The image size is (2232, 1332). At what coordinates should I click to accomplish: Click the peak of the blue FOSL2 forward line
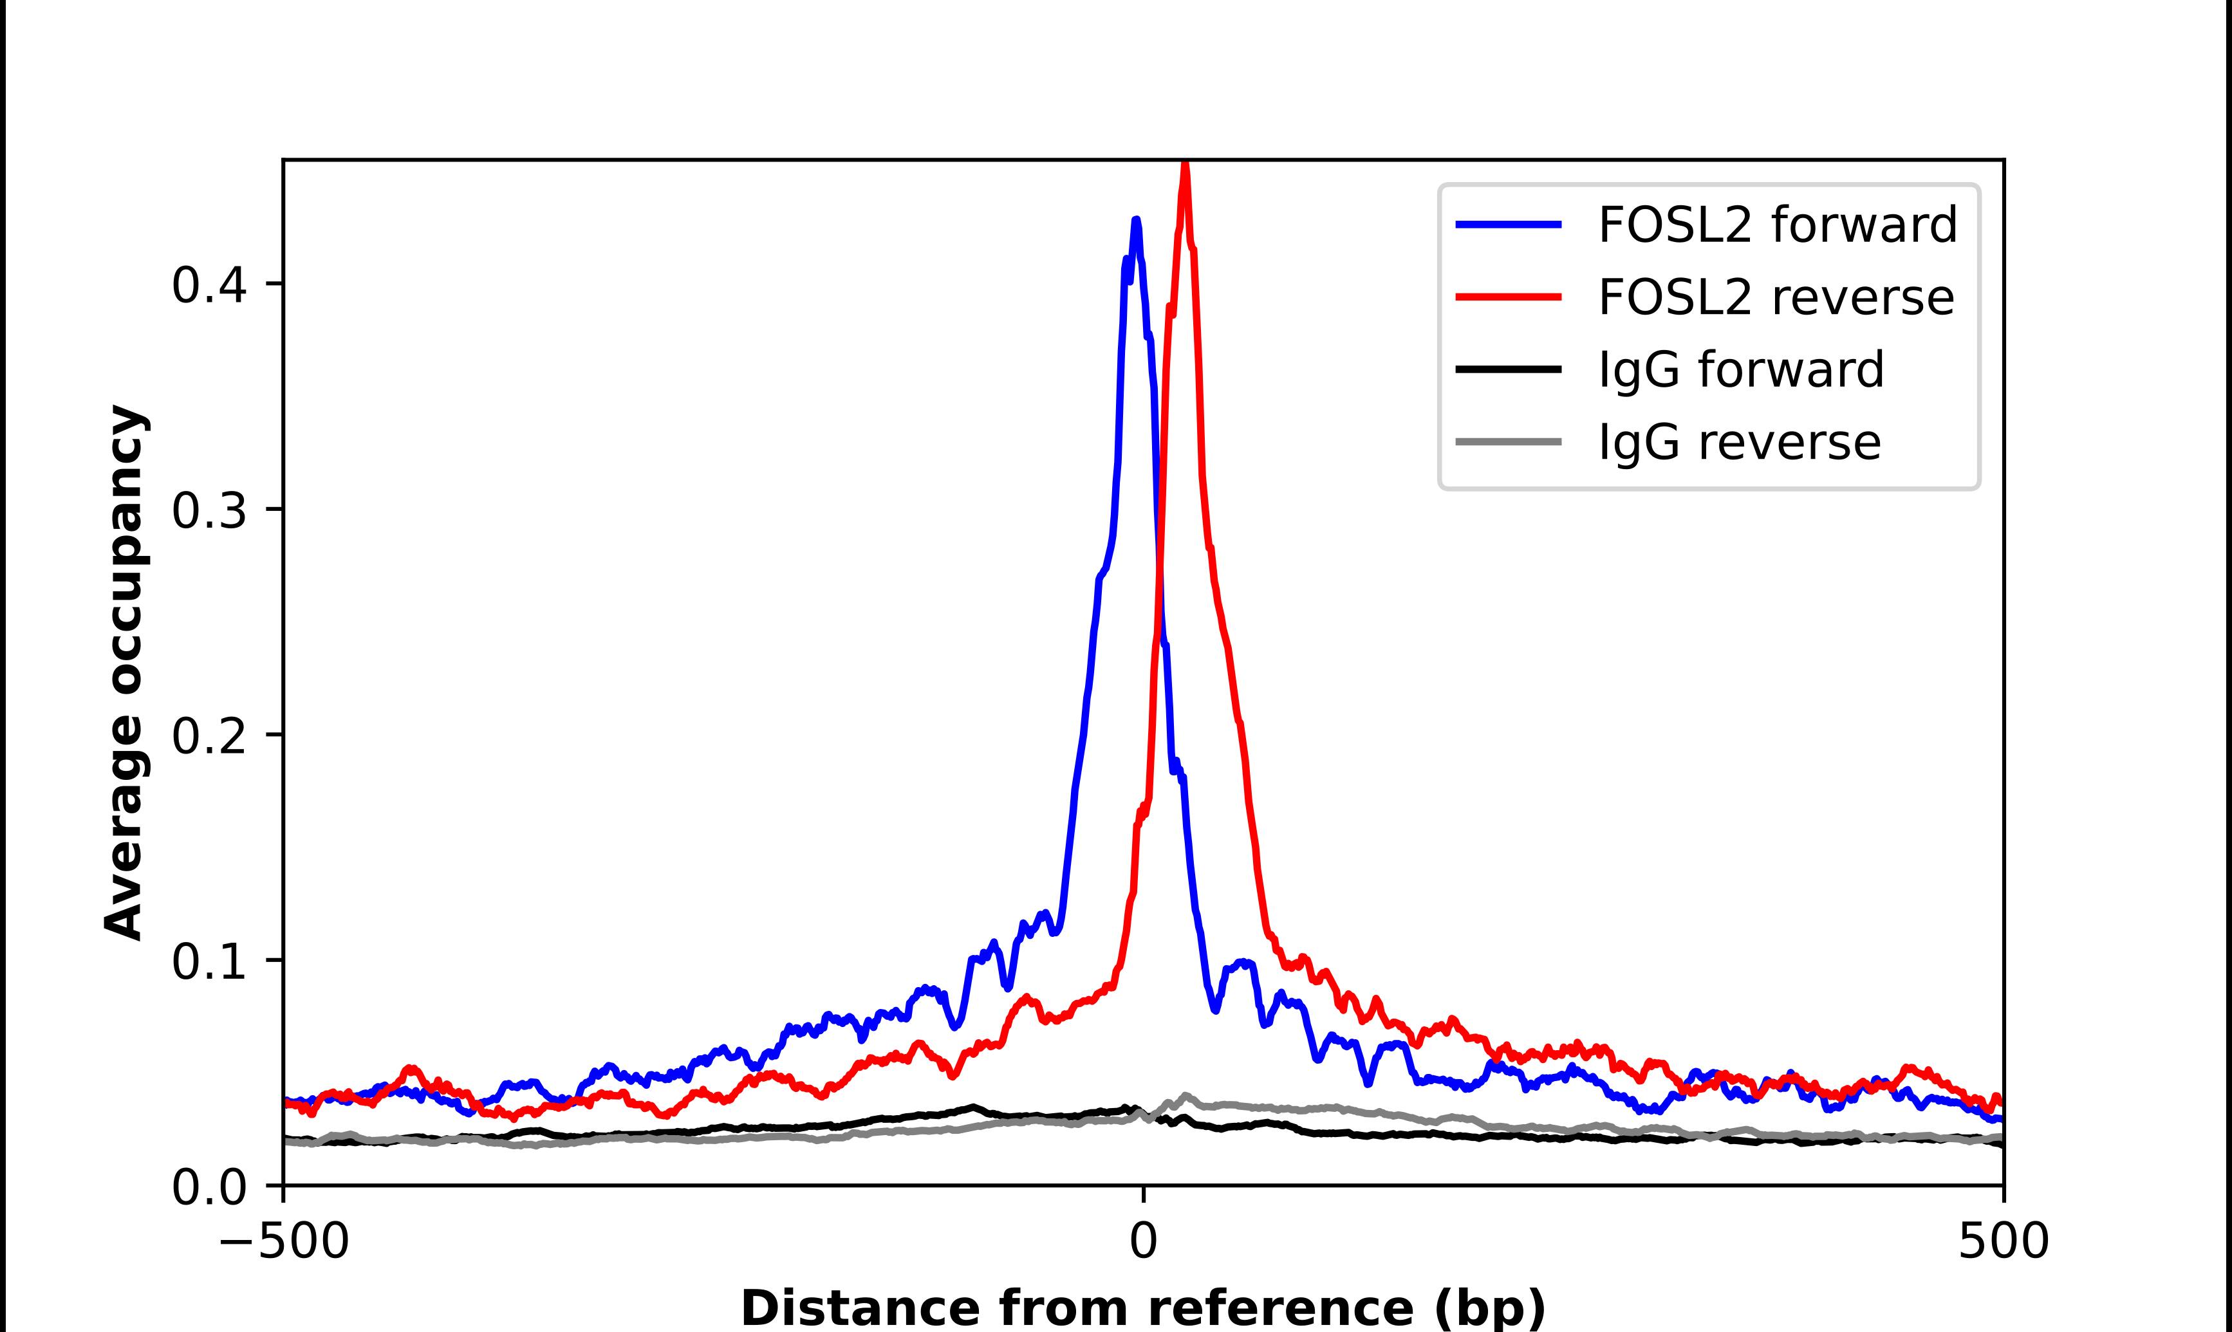point(1136,220)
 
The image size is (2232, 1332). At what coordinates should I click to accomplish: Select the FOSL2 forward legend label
point(1777,225)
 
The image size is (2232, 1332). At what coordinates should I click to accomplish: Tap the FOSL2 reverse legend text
point(1775,297)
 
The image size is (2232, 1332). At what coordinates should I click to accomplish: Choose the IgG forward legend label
point(1740,370)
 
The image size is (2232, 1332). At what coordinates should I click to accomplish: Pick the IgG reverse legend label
point(1738,443)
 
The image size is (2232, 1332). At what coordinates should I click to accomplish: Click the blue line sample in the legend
point(1509,225)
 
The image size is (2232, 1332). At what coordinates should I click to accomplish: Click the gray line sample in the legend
point(1509,441)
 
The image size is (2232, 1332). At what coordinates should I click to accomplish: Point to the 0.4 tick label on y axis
point(209,286)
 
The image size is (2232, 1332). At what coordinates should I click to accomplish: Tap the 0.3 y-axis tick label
point(209,511)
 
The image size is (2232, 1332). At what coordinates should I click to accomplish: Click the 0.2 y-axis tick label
point(209,736)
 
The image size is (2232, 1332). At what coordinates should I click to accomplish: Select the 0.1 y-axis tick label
point(209,961)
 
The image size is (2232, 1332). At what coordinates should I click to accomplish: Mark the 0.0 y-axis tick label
point(209,1187)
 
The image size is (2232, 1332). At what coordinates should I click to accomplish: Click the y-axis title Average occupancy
point(124,673)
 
